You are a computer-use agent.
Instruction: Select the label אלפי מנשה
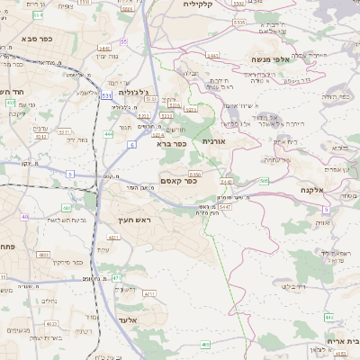pyautogui.click(x=250, y=59)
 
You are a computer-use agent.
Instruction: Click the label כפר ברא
pyautogui.click(x=171, y=142)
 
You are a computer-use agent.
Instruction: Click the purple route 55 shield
pyautogui.click(x=123, y=41)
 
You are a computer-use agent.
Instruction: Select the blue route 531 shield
pyautogui.click(x=107, y=94)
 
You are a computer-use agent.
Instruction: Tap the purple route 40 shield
pyautogui.click(x=24, y=217)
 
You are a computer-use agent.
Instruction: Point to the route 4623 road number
pyautogui.click(x=51, y=322)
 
